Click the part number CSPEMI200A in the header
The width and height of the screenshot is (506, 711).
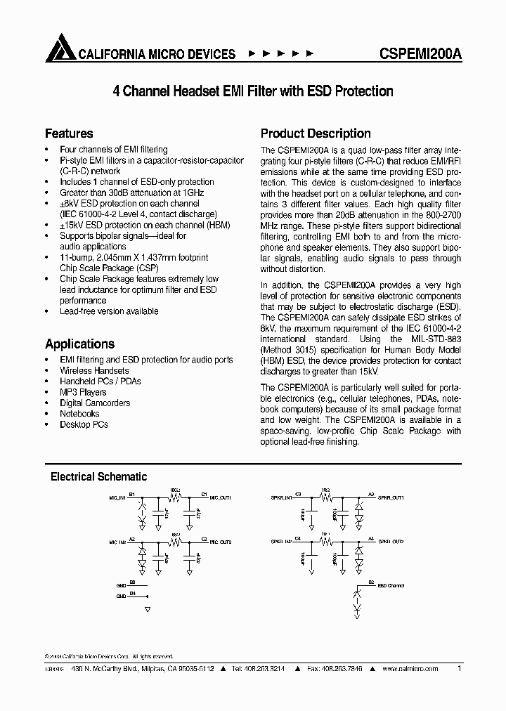click(420, 53)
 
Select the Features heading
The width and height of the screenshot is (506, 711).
click(69, 133)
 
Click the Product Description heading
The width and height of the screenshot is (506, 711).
click(316, 133)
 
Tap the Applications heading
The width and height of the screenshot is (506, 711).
click(79, 344)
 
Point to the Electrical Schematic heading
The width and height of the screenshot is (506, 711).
click(98, 476)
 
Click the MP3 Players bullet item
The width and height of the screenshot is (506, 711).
click(83, 392)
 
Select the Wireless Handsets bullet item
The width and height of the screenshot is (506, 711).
click(94, 370)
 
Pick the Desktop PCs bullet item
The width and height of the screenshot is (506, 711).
click(84, 424)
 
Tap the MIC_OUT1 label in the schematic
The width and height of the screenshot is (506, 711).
click(221, 497)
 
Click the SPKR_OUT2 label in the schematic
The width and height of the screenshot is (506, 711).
click(391, 542)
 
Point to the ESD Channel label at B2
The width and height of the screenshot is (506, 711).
click(391, 585)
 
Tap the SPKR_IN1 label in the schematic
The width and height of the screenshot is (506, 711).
click(281, 497)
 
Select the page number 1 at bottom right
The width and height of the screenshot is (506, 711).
click(459, 669)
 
